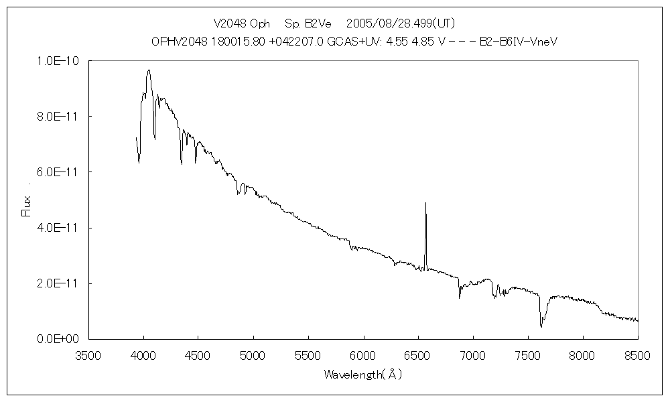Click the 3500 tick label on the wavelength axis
pyautogui.click(x=88, y=354)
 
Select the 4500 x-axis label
pyautogui.click(x=198, y=354)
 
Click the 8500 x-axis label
pyautogui.click(x=637, y=354)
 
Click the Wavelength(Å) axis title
pyautogui.click(x=362, y=375)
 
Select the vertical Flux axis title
pyautogui.click(x=27, y=205)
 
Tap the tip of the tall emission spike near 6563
pyautogui.click(x=425, y=202)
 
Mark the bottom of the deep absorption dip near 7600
pyautogui.click(x=541, y=327)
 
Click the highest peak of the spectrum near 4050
pyautogui.click(x=149, y=70)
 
